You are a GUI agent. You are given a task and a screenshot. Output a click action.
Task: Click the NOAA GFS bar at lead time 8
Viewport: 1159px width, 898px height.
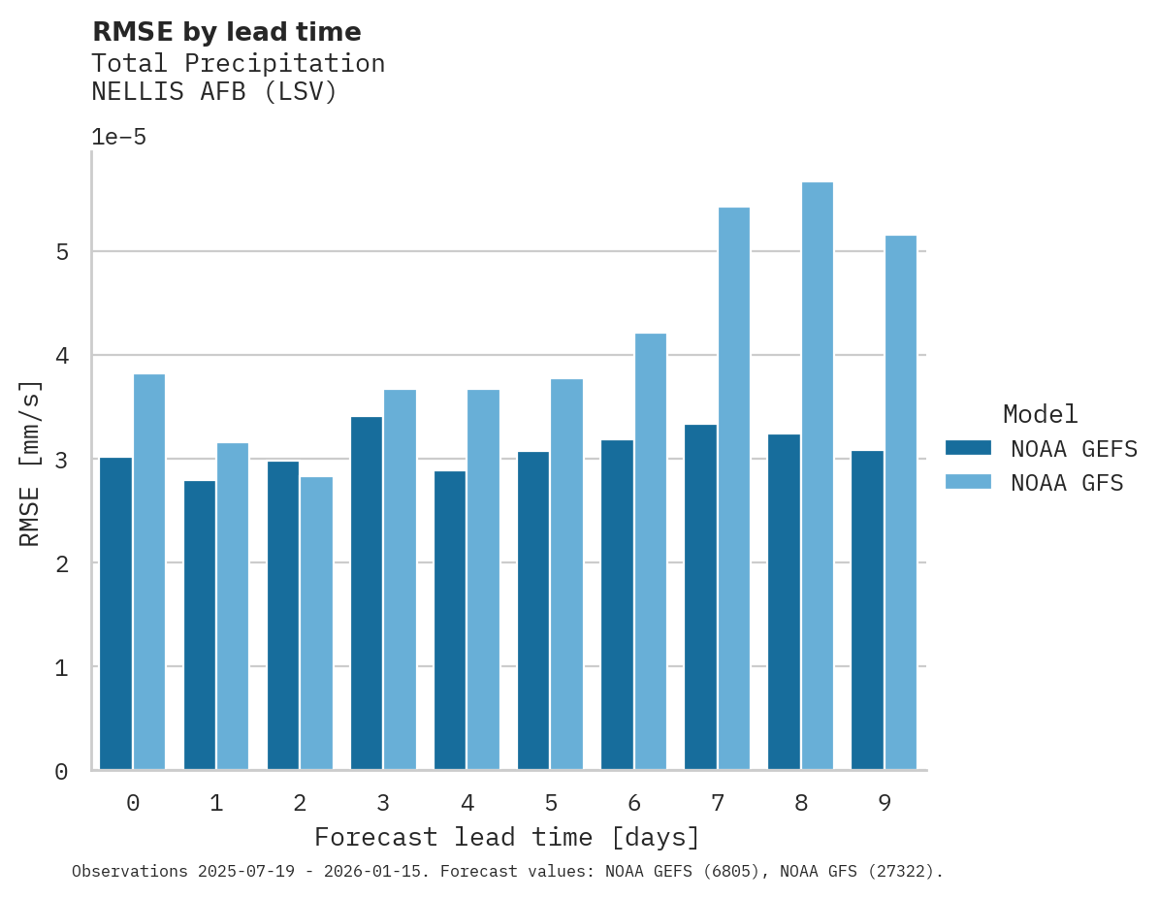coord(818,475)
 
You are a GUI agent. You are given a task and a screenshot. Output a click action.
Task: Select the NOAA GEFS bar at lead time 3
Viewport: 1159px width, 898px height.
coord(367,593)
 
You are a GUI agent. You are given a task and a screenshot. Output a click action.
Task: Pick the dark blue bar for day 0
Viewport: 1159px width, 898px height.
coord(116,613)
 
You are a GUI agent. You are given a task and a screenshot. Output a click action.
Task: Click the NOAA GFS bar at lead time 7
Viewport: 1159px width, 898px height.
coord(734,488)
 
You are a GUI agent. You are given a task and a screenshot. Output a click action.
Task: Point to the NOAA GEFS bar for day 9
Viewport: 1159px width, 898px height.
coord(867,610)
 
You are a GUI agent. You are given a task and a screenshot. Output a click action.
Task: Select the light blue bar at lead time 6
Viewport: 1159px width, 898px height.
coord(651,551)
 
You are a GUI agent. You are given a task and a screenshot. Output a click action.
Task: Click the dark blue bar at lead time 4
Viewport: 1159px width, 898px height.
coord(450,620)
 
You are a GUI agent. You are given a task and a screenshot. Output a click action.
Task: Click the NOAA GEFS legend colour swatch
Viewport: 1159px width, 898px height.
coord(968,448)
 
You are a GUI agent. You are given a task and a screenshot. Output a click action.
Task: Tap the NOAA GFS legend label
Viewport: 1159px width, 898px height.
coord(1067,483)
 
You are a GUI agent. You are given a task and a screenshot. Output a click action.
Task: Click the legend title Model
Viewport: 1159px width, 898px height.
coord(1040,414)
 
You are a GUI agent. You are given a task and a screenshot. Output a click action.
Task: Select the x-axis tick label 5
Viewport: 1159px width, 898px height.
coord(551,803)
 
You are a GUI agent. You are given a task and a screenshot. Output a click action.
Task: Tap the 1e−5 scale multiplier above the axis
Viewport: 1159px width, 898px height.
coord(118,137)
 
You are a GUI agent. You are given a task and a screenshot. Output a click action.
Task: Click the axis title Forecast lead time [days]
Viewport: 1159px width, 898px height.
coord(506,837)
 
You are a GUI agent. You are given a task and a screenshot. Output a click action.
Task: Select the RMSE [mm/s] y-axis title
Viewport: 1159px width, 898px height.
coord(31,463)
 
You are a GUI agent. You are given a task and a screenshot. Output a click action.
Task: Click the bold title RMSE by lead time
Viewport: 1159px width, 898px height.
coord(226,32)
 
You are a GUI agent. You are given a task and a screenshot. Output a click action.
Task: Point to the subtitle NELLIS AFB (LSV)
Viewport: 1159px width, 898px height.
coord(213,92)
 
